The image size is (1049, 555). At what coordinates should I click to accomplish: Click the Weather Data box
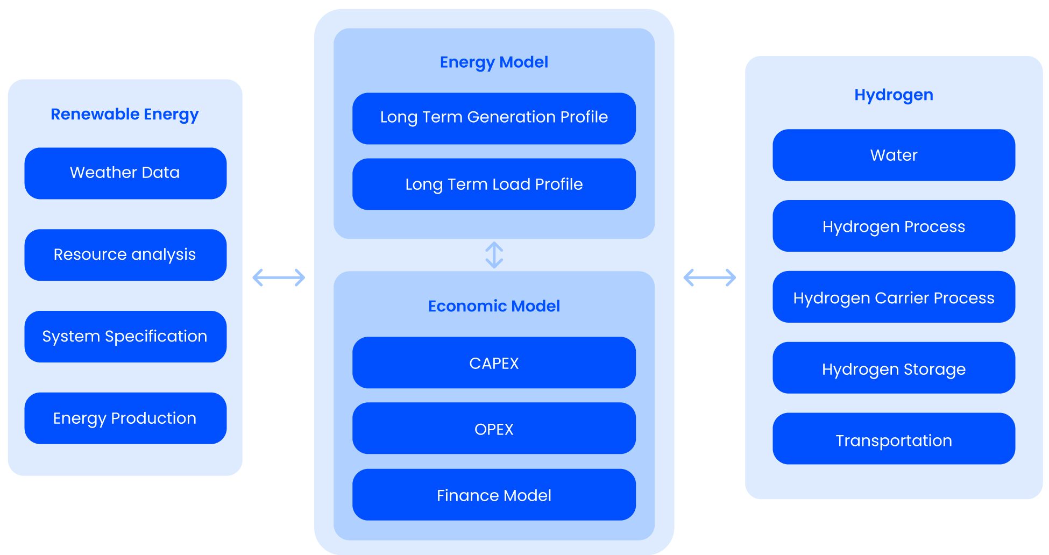tap(125, 173)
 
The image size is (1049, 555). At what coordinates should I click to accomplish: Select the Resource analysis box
tap(125, 255)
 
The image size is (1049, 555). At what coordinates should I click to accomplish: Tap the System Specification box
tap(125, 337)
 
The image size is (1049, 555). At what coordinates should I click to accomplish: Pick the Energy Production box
tap(125, 418)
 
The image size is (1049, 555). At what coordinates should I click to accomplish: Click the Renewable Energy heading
tap(125, 114)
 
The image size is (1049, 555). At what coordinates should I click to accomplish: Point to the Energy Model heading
tap(494, 62)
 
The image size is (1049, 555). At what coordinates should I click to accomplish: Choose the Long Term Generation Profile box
tap(494, 118)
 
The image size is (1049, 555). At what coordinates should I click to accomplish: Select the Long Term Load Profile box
tap(494, 184)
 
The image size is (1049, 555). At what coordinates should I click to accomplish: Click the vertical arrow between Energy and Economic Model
tap(494, 255)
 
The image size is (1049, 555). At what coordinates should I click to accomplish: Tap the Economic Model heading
tap(494, 306)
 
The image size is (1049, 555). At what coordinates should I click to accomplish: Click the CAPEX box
tap(494, 363)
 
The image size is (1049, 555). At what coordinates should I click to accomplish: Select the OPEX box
tap(494, 429)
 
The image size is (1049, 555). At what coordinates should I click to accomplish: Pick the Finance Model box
tap(494, 495)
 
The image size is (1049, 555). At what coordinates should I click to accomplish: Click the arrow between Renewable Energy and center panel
tap(279, 277)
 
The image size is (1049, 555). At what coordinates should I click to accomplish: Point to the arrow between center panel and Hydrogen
tap(710, 277)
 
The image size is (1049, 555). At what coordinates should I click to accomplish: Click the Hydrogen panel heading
tap(894, 95)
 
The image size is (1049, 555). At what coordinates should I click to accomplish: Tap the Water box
tap(894, 155)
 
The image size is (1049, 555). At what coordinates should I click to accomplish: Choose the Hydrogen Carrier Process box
tap(894, 297)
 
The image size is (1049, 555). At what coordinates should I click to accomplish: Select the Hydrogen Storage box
tap(894, 368)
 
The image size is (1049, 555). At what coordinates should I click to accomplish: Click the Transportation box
tap(894, 439)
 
